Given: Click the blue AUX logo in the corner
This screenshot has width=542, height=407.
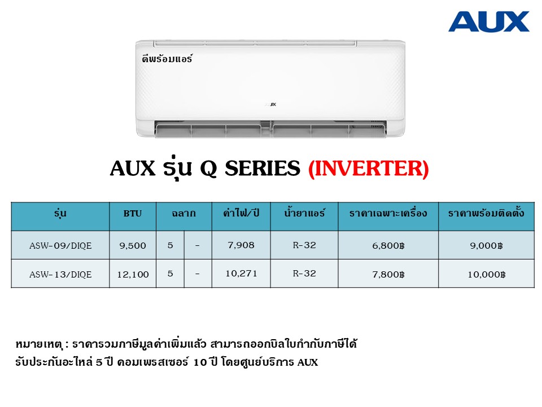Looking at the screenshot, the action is [x=489, y=21].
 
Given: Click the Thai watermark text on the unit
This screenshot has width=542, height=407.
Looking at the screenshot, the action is [x=167, y=58].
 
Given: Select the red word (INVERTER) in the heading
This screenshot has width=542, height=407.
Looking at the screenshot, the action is [x=369, y=168].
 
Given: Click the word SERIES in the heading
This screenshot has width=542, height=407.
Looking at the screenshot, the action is [x=263, y=168].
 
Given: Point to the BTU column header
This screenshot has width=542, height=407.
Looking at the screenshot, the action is [x=133, y=213].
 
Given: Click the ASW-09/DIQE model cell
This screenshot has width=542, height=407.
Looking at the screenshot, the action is [x=60, y=245].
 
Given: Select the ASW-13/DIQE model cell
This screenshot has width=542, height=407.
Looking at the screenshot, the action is [x=60, y=274].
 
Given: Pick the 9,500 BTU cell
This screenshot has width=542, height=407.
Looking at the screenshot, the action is [x=133, y=245].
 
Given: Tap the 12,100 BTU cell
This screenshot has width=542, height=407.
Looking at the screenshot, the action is [x=133, y=275].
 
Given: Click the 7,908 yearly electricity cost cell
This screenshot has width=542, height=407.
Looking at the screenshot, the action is [x=241, y=245].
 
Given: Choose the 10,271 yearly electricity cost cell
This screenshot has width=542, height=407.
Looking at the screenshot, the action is [x=241, y=274].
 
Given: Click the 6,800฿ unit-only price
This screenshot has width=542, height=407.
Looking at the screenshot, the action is [x=388, y=245].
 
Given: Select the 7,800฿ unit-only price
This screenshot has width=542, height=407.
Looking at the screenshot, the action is [x=388, y=274].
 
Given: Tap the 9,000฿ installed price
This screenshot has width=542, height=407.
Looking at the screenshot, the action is [x=486, y=245].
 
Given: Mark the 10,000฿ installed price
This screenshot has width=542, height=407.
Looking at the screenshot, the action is [x=487, y=275].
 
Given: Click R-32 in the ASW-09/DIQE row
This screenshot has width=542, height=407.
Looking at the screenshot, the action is [x=304, y=245].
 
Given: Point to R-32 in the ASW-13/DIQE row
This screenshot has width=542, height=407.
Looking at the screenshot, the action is [x=304, y=274].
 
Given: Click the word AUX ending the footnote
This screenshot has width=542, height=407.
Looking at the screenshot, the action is [x=308, y=362].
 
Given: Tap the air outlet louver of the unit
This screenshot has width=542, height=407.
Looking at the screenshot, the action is [x=270, y=129].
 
